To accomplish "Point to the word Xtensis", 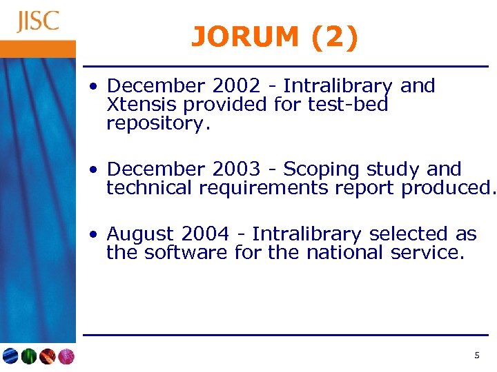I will point(142,105).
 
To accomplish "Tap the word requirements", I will point(272,187).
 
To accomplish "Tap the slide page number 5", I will point(476,355).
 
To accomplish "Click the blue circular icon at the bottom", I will point(10,356).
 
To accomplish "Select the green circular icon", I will point(28,356).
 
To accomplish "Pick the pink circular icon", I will point(66,356).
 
